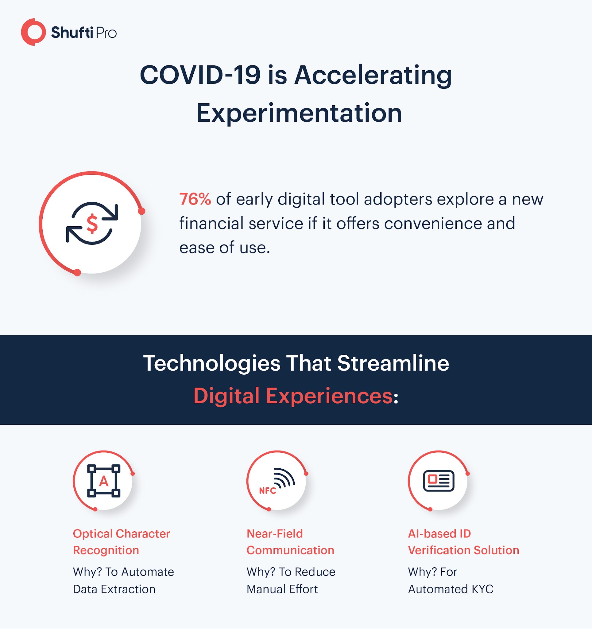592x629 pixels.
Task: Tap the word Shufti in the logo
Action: (72, 33)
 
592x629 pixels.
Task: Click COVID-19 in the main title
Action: (200, 75)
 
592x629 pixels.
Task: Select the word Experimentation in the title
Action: (299, 113)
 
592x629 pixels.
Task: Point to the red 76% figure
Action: (195, 199)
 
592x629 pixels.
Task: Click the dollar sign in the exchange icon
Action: (92, 224)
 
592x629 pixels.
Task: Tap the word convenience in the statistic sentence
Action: (433, 223)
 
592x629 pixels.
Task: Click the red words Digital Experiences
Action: (293, 396)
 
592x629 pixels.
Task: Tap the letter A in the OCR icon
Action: (104, 481)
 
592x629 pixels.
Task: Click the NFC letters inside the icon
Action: (268, 491)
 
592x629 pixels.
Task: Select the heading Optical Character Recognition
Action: (122, 542)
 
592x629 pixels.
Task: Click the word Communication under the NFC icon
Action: (290, 550)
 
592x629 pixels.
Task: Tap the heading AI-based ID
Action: (439, 533)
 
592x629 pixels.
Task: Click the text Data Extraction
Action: (114, 589)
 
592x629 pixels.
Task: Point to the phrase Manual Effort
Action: (282, 589)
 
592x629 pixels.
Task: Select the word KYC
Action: (482, 589)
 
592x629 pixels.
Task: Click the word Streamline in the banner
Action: (393, 363)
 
